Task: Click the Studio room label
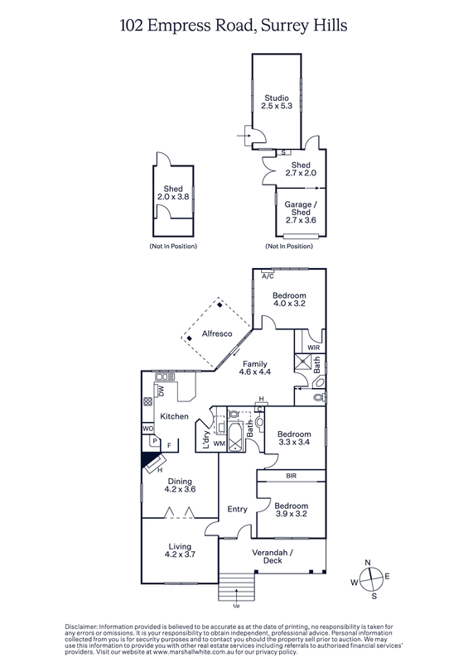pyautogui.click(x=277, y=98)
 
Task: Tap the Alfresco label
pyautogui.click(x=217, y=333)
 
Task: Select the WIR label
pyautogui.click(x=314, y=348)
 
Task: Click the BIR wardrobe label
pyautogui.click(x=292, y=476)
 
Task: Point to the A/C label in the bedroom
pyautogui.click(x=268, y=276)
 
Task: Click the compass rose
pyautogui.click(x=370, y=578)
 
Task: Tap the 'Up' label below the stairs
pyautogui.click(x=236, y=606)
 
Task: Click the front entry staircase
pyautogui.click(x=236, y=587)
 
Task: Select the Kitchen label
pyautogui.click(x=174, y=416)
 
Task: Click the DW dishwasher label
pyautogui.click(x=161, y=391)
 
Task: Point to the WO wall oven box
pyautogui.click(x=148, y=429)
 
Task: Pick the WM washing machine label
pyautogui.click(x=220, y=444)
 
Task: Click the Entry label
pyautogui.click(x=237, y=509)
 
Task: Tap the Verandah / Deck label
pyautogui.click(x=273, y=556)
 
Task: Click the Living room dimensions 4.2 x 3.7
pyautogui.click(x=180, y=554)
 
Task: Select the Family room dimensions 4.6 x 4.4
pyautogui.click(x=255, y=372)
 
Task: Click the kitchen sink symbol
pyautogui.click(x=162, y=377)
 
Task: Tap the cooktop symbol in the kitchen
pyautogui.click(x=148, y=401)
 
